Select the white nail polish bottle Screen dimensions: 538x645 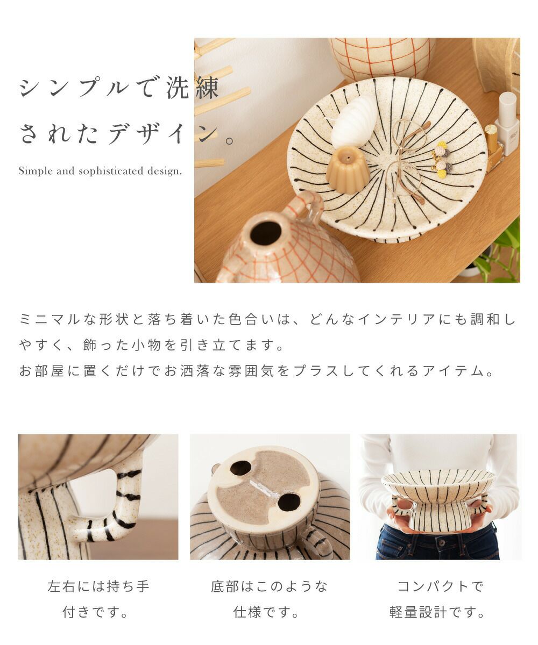(x=507, y=124)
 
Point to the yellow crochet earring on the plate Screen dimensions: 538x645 (x=442, y=156)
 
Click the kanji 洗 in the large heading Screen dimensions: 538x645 (x=177, y=88)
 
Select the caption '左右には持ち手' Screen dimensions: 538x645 (x=98, y=586)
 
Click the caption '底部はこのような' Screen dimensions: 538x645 (x=269, y=586)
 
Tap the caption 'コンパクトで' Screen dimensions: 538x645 (x=440, y=586)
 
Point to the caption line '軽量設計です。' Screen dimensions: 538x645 (x=436, y=612)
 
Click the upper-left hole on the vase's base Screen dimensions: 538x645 (x=240, y=468)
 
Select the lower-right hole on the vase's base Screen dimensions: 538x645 (x=289, y=502)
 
